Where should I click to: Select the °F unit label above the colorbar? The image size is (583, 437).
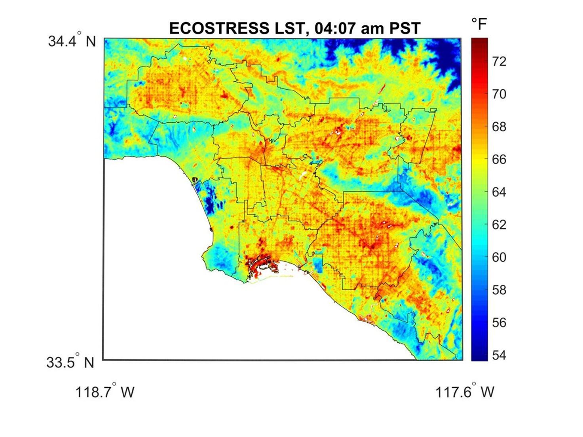pos(479,24)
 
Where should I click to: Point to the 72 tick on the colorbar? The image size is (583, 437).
pos(499,61)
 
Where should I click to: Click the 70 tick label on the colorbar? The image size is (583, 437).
pos(499,94)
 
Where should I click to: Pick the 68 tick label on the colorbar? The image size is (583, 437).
pos(499,127)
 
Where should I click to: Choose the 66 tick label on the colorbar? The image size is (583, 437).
pos(499,159)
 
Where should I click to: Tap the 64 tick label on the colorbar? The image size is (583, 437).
pos(499,192)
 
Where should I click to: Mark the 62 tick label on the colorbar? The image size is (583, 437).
pos(499,225)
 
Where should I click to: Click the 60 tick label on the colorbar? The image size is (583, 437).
pos(499,257)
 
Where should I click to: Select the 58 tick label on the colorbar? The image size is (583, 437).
pos(499,290)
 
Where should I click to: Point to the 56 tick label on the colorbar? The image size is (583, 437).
pos(499,323)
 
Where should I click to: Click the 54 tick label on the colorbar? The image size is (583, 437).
pos(499,355)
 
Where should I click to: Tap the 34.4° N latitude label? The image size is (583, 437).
pos(72,41)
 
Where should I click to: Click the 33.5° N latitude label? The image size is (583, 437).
pos(70,362)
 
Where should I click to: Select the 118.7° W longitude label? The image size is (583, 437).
pos(105,392)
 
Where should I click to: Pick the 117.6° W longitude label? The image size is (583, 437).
pos(465,392)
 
